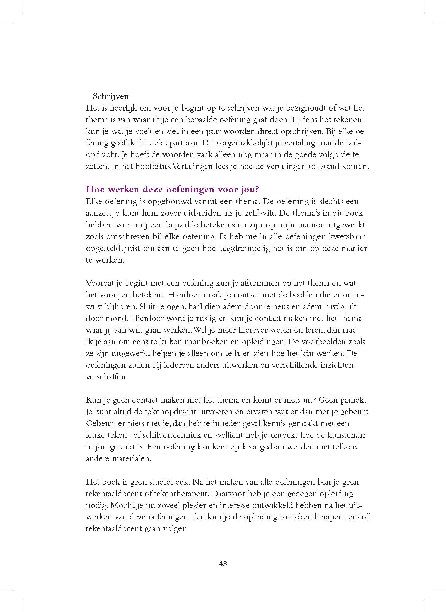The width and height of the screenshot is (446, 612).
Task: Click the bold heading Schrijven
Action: [x=111, y=96]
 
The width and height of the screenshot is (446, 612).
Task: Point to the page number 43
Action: [x=223, y=564]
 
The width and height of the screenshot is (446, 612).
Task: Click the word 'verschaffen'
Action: [x=106, y=377]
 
